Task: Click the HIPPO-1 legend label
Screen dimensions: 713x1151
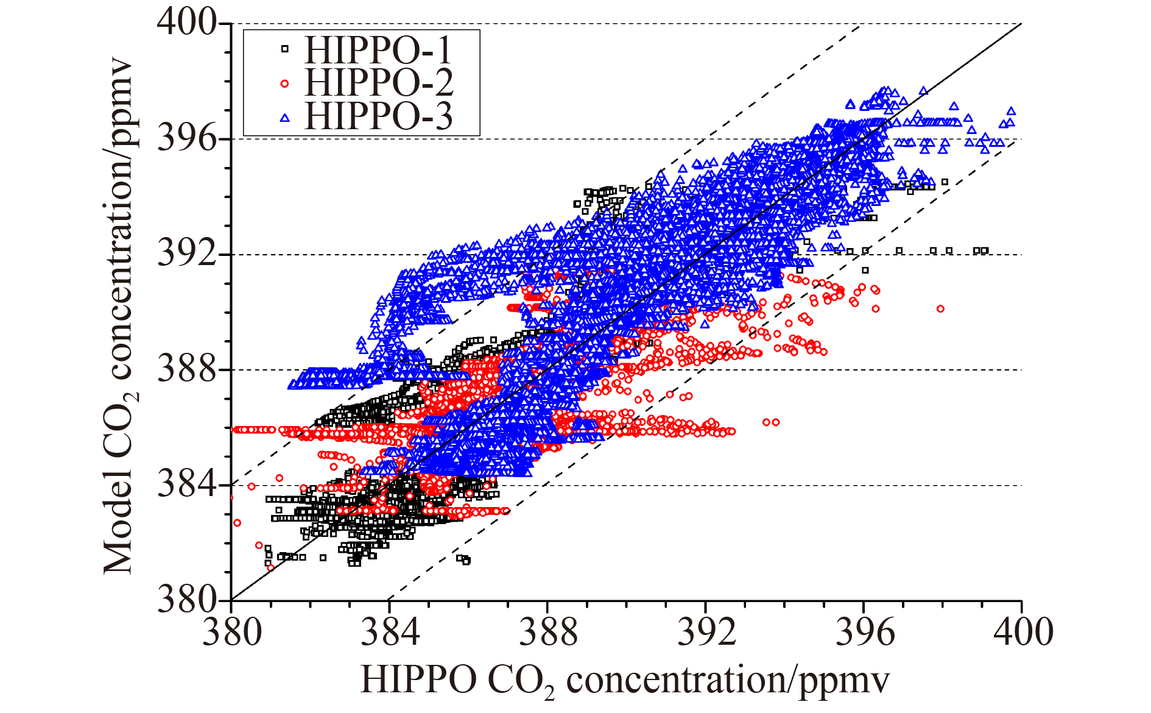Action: (378, 50)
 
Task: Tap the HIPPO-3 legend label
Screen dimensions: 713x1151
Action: (379, 116)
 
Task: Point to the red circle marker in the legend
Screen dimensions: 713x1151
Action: (284, 83)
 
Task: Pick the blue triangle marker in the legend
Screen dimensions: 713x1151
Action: (284, 117)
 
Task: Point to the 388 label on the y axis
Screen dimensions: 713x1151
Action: (187, 369)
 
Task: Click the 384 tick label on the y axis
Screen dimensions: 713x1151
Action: (187, 485)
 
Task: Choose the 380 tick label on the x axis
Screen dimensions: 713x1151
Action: (232, 632)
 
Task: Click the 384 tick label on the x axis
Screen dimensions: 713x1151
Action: (390, 632)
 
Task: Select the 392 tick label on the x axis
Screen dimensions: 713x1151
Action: (706, 632)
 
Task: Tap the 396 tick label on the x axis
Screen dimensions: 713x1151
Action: (864, 632)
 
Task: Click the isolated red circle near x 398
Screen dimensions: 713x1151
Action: (940, 309)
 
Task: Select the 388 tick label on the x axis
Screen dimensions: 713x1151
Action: (548, 632)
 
